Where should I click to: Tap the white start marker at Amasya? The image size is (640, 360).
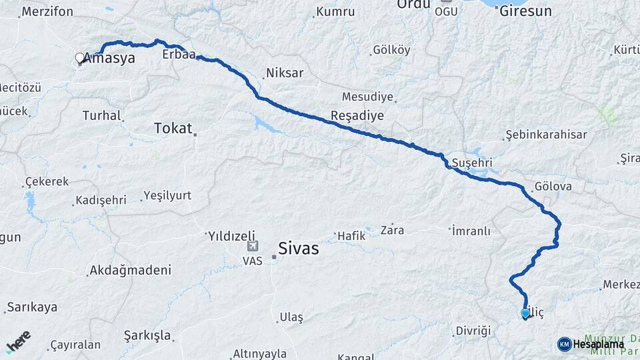[x=80, y=58]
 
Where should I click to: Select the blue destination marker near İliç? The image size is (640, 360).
[x=525, y=313]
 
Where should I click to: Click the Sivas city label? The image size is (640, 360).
[x=298, y=249]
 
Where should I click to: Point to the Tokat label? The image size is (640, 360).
[x=173, y=128]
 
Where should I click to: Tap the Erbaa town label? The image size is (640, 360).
[x=179, y=55]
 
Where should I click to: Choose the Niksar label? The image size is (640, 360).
[x=285, y=73]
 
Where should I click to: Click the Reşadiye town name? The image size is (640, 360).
[x=357, y=115]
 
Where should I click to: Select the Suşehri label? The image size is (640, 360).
[x=471, y=163]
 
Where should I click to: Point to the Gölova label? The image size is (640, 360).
[x=553, y=187]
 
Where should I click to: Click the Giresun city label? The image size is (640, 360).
[x=525, y=11]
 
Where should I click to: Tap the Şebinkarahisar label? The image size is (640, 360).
[x=546, y=135]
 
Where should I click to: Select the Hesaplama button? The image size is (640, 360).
[x=591, y=344]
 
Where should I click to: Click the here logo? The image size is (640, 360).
[x=19, y=341]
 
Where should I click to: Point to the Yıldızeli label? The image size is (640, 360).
[x=231, y=235]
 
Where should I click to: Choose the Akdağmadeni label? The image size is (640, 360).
[x=130, y=270]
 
